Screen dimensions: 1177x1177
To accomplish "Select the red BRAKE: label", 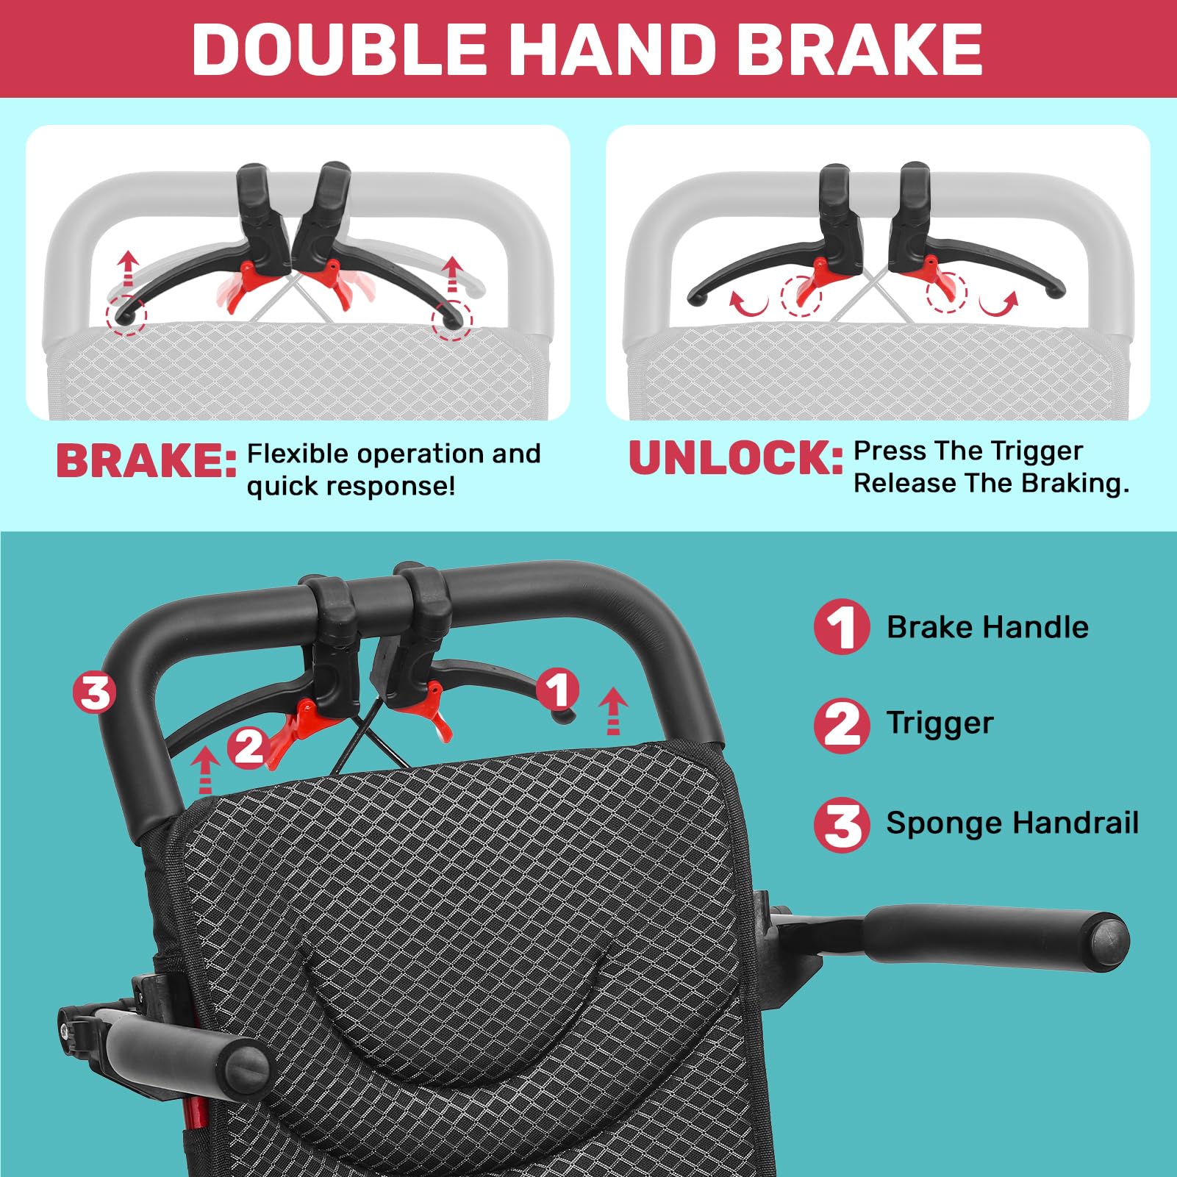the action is [146, 462].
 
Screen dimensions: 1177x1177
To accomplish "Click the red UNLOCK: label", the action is [736, 458].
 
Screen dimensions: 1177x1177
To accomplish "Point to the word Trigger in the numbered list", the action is [940, 723].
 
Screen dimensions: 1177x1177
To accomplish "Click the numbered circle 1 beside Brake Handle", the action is [842, 626].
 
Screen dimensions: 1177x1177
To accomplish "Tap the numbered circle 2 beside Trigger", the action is [842, 724].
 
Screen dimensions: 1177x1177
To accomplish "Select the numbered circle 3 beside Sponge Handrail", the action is [842, 824].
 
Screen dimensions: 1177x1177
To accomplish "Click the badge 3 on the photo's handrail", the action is [95, 692].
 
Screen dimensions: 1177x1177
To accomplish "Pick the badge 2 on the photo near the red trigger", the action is [249, 747].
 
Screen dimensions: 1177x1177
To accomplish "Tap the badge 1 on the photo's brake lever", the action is [558, 690].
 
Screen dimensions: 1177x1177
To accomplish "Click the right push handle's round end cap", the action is [1108, 942].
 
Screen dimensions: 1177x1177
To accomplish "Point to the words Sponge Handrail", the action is [1012, 823].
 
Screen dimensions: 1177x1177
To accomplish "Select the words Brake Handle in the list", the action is [987, 627].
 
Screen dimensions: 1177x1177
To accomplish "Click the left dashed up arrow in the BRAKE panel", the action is [129, 268].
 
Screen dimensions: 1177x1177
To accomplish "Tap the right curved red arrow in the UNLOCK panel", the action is [1001, 304].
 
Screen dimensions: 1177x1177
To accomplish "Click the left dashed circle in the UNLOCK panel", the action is [801, 296].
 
